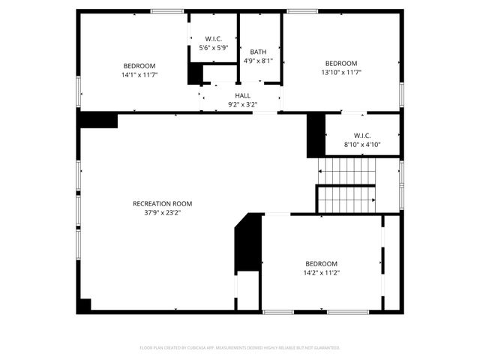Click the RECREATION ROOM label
point(162,203)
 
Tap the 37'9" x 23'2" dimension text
point(162,212)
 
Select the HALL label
point(242,95)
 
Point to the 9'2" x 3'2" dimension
point(242,104)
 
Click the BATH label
point(258,52)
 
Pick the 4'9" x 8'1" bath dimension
point(258,61)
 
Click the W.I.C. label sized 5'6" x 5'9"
point(213,38)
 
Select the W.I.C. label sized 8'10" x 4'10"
point(362,135)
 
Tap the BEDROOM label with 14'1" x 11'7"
point(139,65)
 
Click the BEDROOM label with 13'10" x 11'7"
point(340,63)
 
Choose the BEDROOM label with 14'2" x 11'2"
point(321,263)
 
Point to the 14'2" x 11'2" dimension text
point(321,272)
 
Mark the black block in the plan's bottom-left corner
point(84,305)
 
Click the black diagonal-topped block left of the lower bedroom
point(247,244)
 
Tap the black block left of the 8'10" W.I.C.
point(315,135)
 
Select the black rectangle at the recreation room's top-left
point(98,120)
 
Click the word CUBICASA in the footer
point(198,348)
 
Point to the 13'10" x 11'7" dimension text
point(340,72)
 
